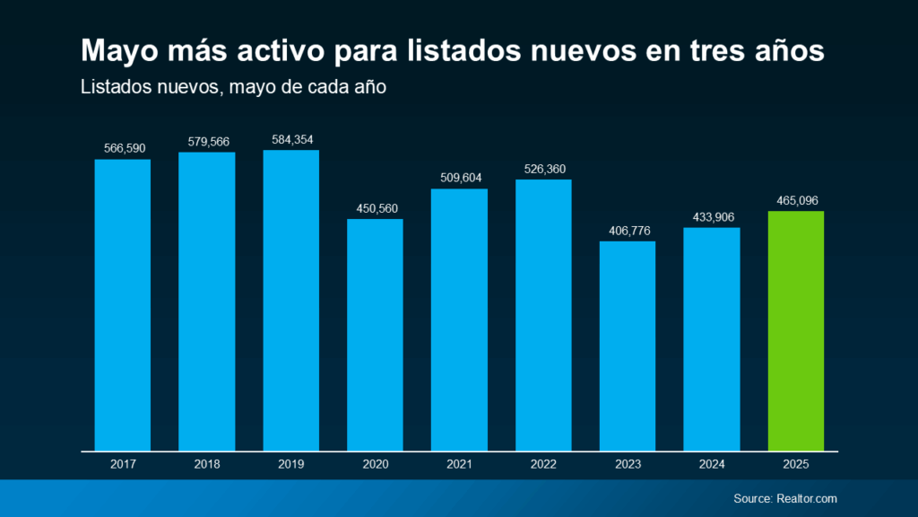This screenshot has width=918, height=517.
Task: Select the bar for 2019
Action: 290,300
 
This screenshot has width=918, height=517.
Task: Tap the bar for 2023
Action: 628,346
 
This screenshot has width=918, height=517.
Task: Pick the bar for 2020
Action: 375,334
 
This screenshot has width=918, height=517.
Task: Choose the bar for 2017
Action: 122,305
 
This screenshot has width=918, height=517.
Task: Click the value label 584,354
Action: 290,139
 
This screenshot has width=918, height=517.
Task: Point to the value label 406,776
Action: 628,231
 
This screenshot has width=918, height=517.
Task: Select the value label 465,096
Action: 796,200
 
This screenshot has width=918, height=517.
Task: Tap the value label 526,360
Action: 543,169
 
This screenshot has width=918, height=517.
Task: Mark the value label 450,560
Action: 375,208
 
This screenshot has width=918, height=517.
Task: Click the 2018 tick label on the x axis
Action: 206,464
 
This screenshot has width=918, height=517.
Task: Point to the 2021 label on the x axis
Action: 459,464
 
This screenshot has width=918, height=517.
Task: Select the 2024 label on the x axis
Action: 712,464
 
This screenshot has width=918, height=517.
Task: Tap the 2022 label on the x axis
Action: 543,464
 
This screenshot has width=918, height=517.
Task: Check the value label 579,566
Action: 206,142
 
